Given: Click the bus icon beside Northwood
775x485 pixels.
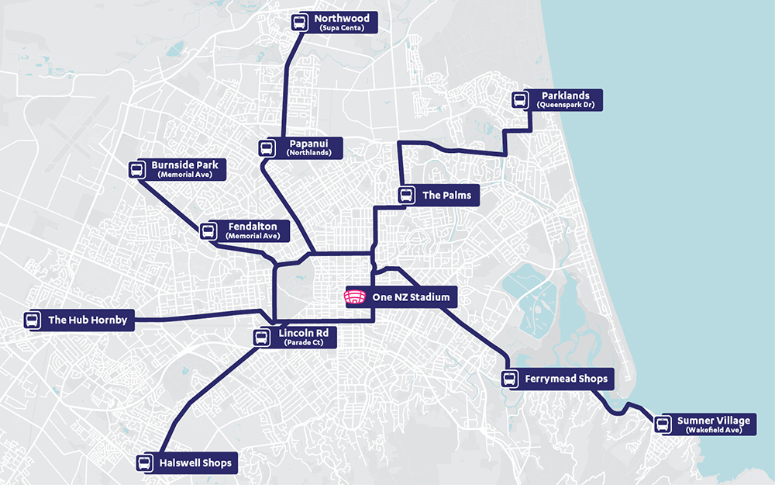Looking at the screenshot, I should [299, 22].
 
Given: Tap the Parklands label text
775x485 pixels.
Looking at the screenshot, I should [565, 95].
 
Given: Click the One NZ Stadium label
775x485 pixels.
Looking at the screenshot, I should [410, 297].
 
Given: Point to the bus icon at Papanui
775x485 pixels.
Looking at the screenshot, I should [267, 148].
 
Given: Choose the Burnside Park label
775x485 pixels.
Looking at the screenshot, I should [184, 165].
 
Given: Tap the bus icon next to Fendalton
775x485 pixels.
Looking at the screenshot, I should [208, 230].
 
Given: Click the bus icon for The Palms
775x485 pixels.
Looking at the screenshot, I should [406, 196].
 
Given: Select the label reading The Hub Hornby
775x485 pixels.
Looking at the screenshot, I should [87, 320].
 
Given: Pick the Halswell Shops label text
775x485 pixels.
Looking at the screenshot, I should [195, 463].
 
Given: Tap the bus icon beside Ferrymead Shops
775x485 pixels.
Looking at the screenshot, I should [509, 379].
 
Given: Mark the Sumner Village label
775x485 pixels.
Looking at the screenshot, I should [714, 421].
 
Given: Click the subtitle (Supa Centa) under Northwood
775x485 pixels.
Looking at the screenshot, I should [341, 28].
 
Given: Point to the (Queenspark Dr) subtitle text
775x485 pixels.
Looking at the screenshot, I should [565, 105].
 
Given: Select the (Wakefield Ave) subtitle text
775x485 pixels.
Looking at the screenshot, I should [714, 430].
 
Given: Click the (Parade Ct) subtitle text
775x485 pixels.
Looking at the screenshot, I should [303, 342].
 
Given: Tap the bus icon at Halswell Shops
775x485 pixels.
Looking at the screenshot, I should [144, 463].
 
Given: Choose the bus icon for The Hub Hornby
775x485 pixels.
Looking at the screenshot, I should [33, 320].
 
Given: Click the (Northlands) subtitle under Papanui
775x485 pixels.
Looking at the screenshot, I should [308, 153].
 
